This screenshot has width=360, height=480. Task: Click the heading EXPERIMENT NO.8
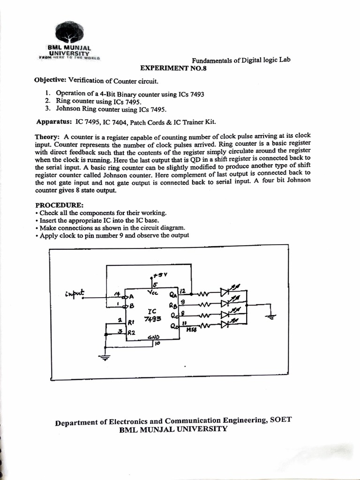[x=173, y=68]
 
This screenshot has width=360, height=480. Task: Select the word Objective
[x=51, y=80]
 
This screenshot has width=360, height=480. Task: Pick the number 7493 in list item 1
[x=196, y=94]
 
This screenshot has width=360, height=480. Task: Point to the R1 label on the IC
[x=131, y=322]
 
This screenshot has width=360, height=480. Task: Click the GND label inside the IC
[x=153, y=337]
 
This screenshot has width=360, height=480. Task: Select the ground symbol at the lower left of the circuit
[x=105, y=358]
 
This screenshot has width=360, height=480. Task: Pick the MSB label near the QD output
[x=191, y=330]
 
